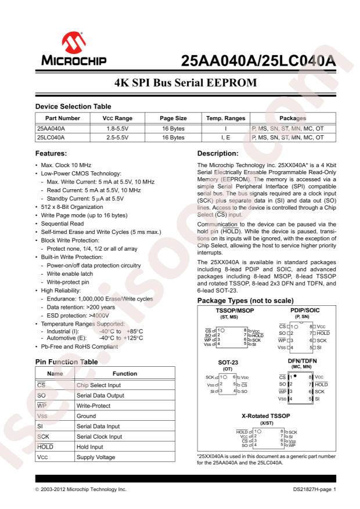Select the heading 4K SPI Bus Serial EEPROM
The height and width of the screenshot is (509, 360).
tap(180, 82)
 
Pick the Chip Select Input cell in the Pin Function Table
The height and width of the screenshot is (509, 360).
tap(100, 385)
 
